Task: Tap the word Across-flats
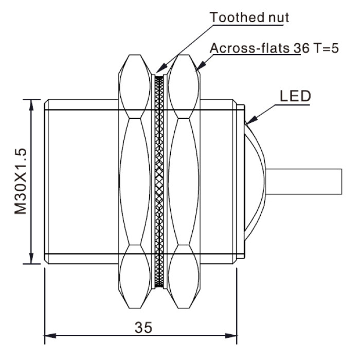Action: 249,48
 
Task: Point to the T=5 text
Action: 326,48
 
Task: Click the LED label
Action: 295,96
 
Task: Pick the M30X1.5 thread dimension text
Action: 21,182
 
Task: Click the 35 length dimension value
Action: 143,328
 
